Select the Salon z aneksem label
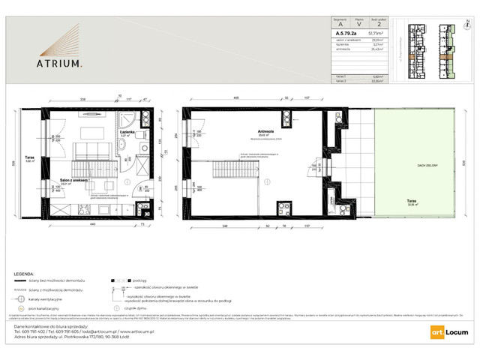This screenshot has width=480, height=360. [75, 181]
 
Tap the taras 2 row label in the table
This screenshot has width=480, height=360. [343, 80]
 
